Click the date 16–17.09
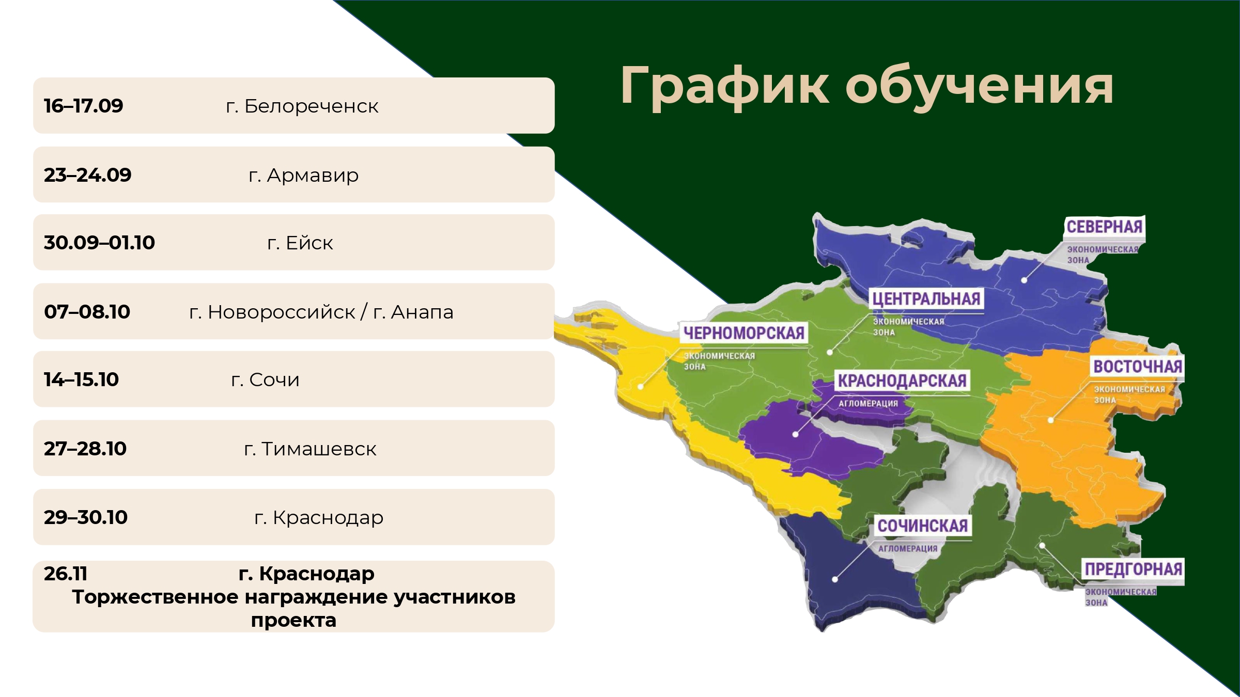[84, 106]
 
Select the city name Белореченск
[312, 106]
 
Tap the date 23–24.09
[88, 175]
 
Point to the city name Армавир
[313, 176]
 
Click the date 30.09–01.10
[99, 243]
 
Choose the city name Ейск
[309, 243]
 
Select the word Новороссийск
[282, 312]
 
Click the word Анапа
[422, 312]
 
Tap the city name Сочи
[274, 379]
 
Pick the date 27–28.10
[85, 449]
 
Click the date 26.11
[66, 574]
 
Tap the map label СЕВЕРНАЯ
[1104, 227]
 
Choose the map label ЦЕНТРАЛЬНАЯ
[926, 299]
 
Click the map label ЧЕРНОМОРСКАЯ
[744, 333]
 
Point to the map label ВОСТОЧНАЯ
[1138, 367]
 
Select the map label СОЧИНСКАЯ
[923, 526]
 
